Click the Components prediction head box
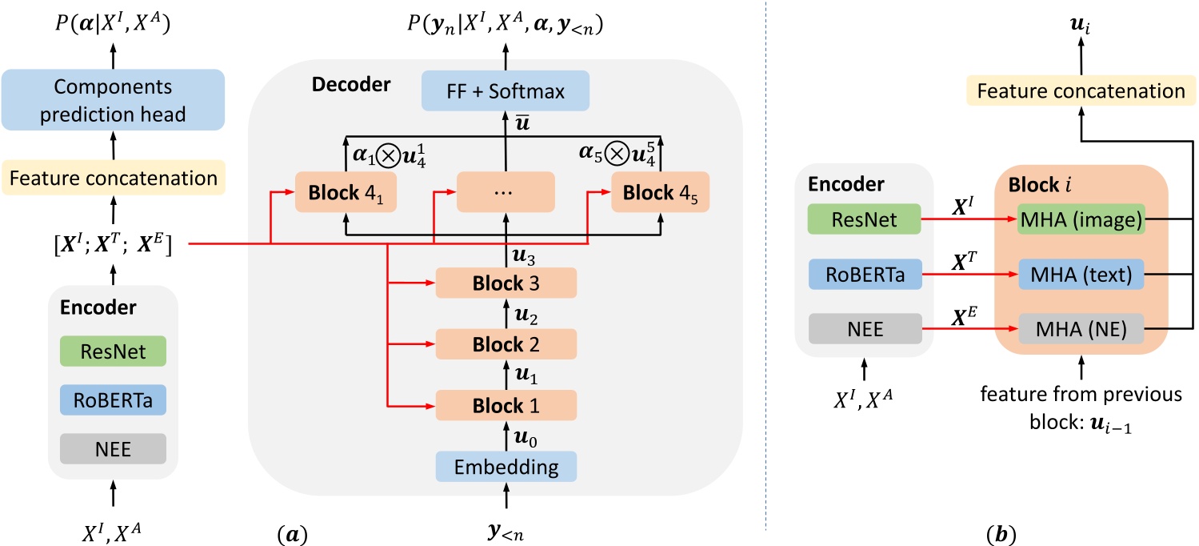coord(113,99)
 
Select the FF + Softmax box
coord(506,91)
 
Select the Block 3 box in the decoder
coord(506,283)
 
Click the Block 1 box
coord(506,405)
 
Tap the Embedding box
coord(506,466)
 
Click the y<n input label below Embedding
coord(506,529)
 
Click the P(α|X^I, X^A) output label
coord(113,26)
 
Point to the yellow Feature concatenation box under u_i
coord(1081,91)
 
